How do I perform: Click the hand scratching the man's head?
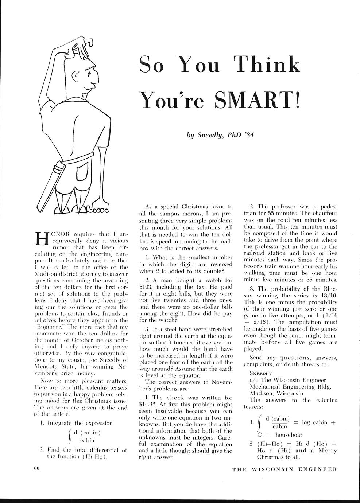[x=86, y=42]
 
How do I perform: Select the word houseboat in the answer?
[x=289, y=434]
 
